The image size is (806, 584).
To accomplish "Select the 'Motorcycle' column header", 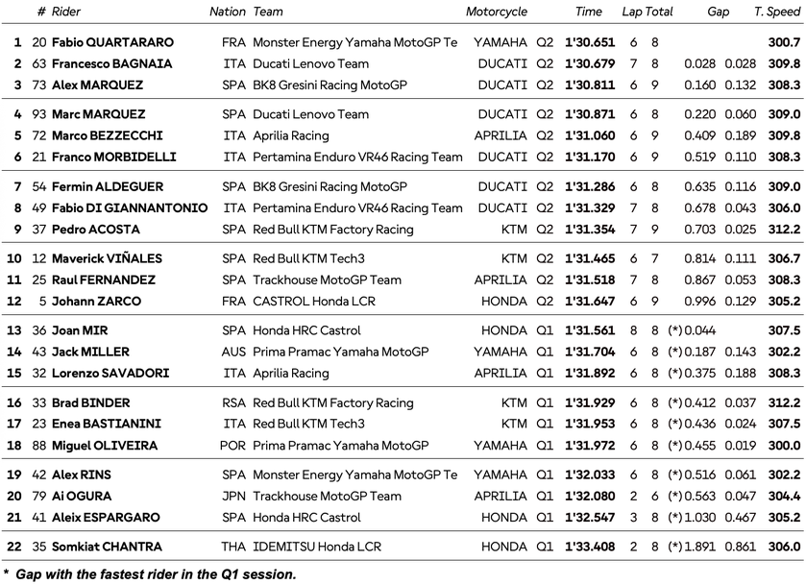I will click(497, 12).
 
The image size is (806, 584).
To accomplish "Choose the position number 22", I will click(14, 546).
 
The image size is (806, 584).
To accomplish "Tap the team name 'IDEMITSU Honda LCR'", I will click(311, 546).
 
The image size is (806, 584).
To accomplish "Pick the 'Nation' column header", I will click(228, 12).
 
